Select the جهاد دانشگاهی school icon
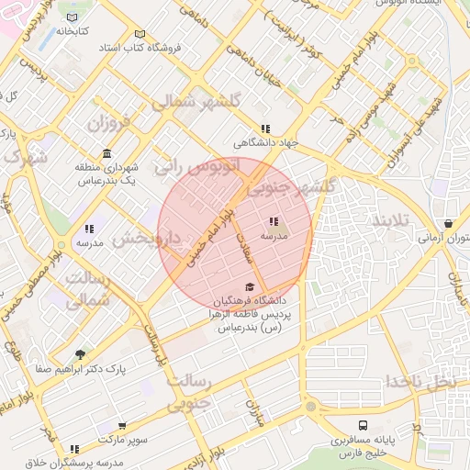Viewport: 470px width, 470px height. tap(265, 129)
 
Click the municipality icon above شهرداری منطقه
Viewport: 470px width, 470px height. tap(108, 153)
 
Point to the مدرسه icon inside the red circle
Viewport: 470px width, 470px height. tap(274, 221)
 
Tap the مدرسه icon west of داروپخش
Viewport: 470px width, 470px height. tap(89, 229)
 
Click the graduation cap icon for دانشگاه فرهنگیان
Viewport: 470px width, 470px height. tap(250, 286)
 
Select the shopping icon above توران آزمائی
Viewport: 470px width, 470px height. tap(447, 223)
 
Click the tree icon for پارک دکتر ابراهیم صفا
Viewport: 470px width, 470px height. tap(81, 354)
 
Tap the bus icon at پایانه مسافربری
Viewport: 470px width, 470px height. tap(364, 426)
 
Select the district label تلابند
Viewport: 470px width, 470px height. tap(395, 221)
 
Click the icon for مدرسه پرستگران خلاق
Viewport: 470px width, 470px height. tap(74, 449)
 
